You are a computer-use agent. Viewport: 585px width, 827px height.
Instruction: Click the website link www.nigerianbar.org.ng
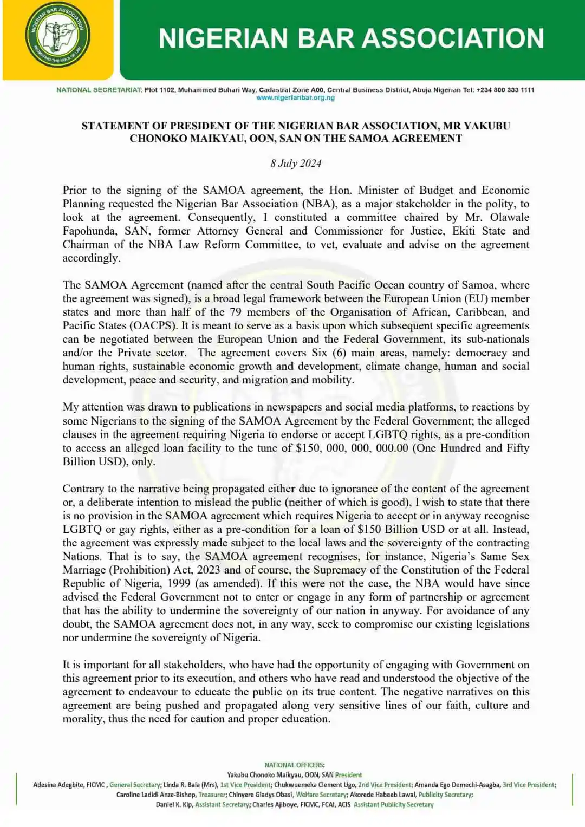click(295, 98)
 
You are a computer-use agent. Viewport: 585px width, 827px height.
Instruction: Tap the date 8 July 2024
click(296, 164)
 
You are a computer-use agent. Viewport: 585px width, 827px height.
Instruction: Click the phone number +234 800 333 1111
click(505, 90)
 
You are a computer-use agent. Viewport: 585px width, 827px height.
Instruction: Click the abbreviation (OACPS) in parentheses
click(153, 326)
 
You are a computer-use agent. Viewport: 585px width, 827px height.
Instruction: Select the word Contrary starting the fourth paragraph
click(82, 489)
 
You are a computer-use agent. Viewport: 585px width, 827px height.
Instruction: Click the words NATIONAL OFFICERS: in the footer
click(294, 765)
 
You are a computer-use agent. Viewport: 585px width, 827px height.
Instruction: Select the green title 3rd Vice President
click(528, 785)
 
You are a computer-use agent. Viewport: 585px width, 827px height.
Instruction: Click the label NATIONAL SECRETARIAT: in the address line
click(99, 90)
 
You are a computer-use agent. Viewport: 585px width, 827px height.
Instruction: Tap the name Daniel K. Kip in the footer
click(173, 805)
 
